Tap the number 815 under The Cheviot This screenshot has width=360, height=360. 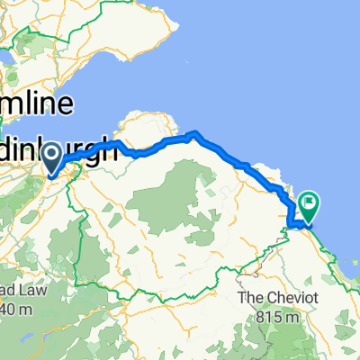[267, 292]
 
